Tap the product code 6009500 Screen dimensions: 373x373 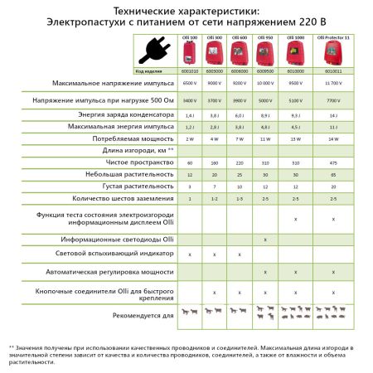(x=265, y=71)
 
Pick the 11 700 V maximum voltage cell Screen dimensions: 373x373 (x=333, y=85)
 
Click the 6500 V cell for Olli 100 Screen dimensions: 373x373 (x=189, y=85)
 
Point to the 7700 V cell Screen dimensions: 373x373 (x=333, y=99)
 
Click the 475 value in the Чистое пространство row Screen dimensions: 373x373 (x=333, y=164)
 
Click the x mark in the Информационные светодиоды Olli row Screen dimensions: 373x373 (x=265, y=239)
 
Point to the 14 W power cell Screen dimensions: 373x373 (x=333, y=138)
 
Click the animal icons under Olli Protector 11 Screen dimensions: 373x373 (x=333, y=315)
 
